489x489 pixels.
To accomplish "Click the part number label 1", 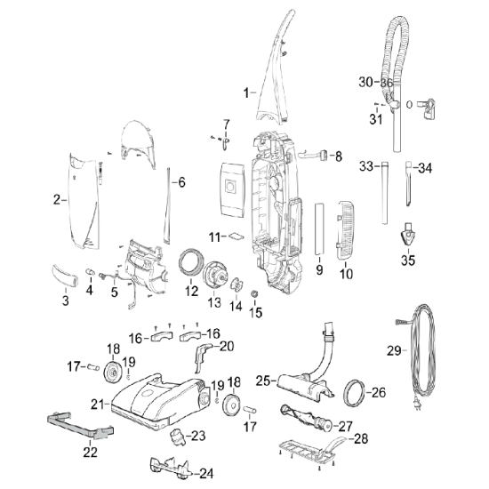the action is [246, 93].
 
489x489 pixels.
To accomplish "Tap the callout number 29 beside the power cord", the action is [394, 351].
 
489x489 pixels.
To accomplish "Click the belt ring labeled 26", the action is [354, 393].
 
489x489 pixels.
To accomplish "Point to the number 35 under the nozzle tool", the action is [408, 261].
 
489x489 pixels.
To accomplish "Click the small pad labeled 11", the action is [236, 236].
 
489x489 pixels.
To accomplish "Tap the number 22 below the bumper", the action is [90, 452].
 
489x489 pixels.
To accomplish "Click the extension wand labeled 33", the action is [385, 193].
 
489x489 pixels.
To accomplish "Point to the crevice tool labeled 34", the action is [409, 183].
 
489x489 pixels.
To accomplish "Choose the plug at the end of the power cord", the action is [418, 405].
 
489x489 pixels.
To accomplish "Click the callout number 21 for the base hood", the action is [97, 405].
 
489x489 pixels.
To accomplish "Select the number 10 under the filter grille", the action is [346, 274].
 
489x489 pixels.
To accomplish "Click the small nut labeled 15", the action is [254, 293].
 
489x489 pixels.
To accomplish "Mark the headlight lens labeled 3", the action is [65, 275].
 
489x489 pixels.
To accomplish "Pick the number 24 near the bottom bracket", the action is [206, 474].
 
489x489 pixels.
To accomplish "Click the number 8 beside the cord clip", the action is [339, 156].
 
